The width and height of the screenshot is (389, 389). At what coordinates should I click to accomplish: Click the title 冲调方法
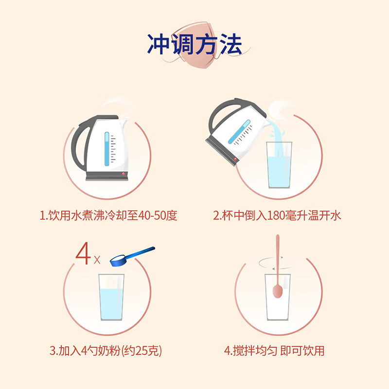tap(194, 44)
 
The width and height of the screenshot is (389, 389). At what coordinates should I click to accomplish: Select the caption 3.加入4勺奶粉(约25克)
tap(106, 351)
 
